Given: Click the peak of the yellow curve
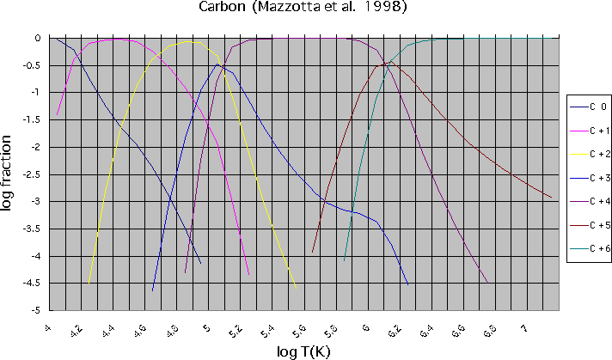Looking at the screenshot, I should point(189,41).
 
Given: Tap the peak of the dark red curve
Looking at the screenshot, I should point(391,61).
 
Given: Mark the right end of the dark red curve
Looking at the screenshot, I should point(551,198).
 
